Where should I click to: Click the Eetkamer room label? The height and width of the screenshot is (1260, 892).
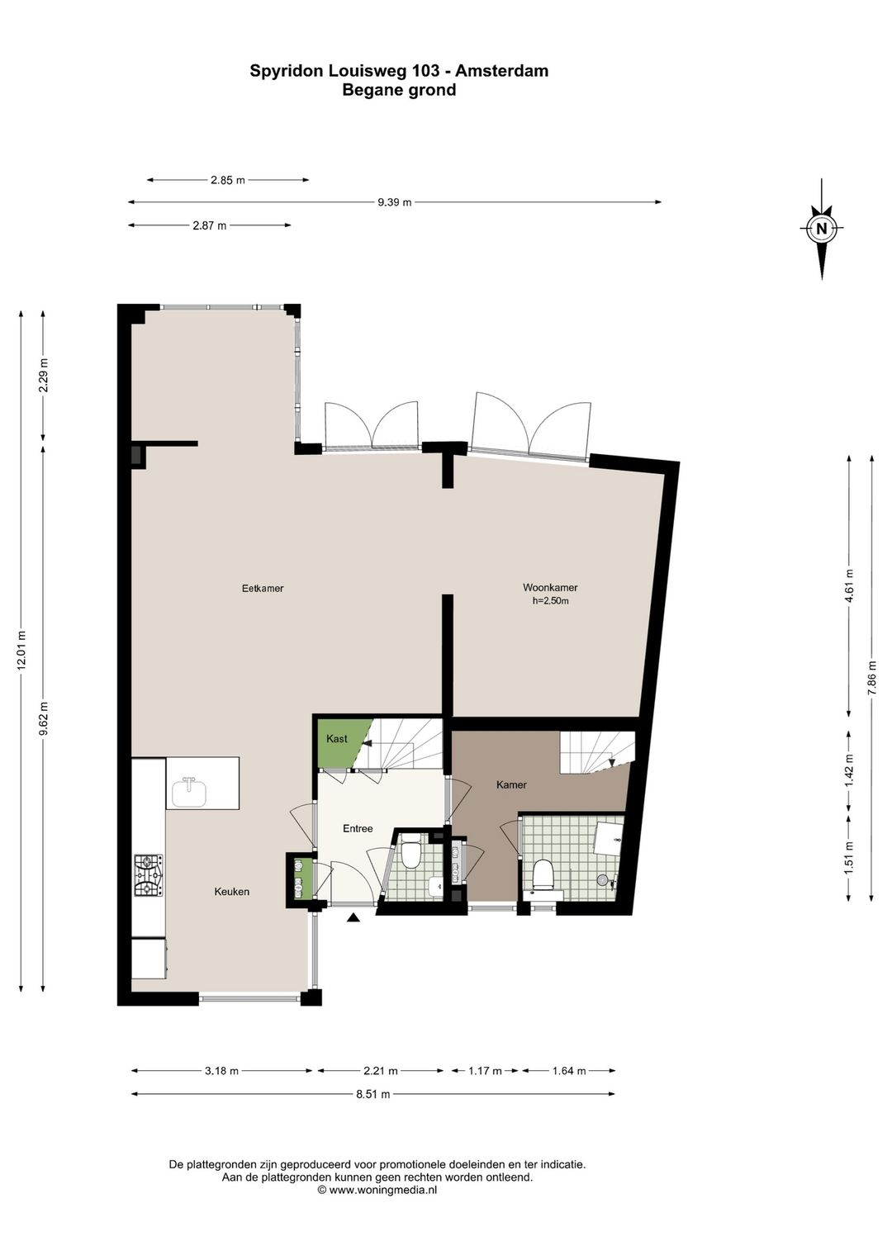[263, 589]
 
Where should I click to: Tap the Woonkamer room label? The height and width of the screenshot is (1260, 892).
[550, 587]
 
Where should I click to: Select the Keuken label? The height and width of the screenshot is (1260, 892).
[231, 892]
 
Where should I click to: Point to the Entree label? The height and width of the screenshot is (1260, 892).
[358, 828]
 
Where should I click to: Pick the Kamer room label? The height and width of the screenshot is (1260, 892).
[511, 784]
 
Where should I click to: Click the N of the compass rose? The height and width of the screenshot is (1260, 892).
[822, 229]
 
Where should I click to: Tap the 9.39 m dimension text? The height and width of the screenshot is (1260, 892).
[395, 202]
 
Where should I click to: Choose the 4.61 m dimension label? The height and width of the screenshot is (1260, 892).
[849, 585]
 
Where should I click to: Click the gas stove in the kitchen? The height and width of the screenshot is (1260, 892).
[149, 875]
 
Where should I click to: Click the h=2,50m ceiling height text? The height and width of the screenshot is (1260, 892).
[550, 601]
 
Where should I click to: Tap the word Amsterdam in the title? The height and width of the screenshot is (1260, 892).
[502, 71]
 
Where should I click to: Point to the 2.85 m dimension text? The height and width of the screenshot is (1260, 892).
[227, 181]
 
